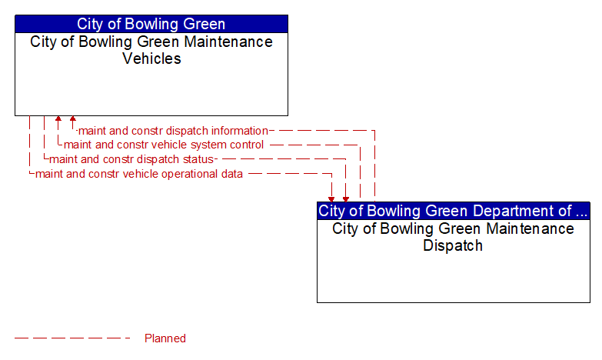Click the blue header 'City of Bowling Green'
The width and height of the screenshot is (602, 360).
[x=151, y=24]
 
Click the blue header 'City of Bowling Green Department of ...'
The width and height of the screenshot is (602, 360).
[x=454, y=211]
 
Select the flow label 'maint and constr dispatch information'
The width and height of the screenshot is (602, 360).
[x=173, y=131]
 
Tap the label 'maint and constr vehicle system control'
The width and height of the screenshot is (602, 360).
[x=164, y=145]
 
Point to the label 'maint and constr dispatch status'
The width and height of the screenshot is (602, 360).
[x=131, y=159]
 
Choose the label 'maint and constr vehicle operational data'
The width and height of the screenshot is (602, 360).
[x=139, y=174]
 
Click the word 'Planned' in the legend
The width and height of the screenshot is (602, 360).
[x=165, y=338]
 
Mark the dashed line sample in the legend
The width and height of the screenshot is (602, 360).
[x=72, y=338]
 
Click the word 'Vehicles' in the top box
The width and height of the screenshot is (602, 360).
[x=151, y=58]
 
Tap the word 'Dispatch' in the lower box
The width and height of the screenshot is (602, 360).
[x=453, y=245]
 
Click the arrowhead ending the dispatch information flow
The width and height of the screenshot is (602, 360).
[x=73, y=118]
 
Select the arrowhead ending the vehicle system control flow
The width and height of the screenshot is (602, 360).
[x=58, y=118]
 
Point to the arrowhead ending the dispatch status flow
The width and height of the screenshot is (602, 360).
[x=346, y=199]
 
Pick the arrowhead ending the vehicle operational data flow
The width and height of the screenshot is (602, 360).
[x=331, y=199]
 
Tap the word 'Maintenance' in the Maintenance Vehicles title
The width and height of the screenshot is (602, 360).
[x=228, y=42]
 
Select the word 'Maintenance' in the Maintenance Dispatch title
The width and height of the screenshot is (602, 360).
[x=530, y=228]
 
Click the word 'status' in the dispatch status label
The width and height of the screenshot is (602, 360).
[x=198, y=159]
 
